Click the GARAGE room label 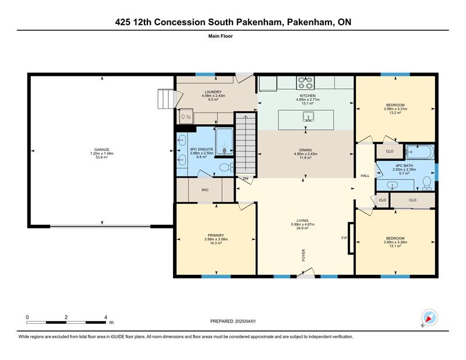point(101,150)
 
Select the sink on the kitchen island point(309,117)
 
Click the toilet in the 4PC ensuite point(227,168)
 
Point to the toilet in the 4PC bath point(427,183)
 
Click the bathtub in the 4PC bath point(420,152)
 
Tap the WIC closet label point(205,190)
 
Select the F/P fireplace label point(344,238)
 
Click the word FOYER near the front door point(303,255)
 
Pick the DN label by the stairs point(245,179)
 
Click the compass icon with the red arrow point(429,317)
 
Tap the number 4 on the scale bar point(105,317)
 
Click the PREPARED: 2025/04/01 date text point(233,322)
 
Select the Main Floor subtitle point(221,36)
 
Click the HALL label point(365,176)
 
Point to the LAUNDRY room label point(213,92)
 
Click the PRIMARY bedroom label point(216,235)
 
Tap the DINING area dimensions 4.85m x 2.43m point(305,154)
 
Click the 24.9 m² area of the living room point(302,228)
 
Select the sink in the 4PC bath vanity point(392,186)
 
